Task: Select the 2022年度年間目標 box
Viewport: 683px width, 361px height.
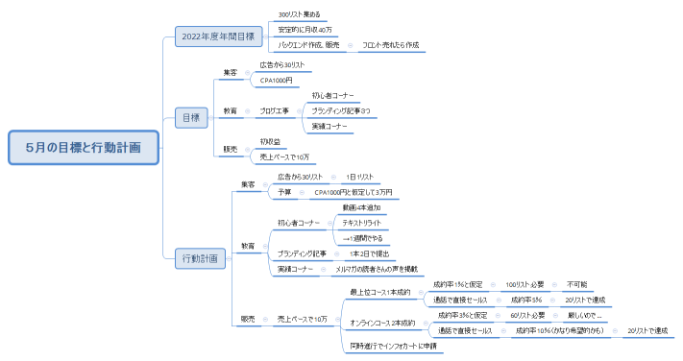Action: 218,36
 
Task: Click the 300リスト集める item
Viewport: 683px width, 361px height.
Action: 300,15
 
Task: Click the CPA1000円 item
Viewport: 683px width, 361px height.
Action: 277,81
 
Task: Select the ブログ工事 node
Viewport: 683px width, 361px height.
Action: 274,111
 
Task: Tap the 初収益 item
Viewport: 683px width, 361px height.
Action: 270,142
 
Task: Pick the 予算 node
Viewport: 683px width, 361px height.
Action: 284,192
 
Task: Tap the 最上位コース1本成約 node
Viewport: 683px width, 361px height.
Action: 380,292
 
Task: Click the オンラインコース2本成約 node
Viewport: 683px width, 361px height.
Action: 382,323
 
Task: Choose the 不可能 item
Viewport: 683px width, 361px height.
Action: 576,285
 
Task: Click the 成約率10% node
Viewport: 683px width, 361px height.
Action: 558,330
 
